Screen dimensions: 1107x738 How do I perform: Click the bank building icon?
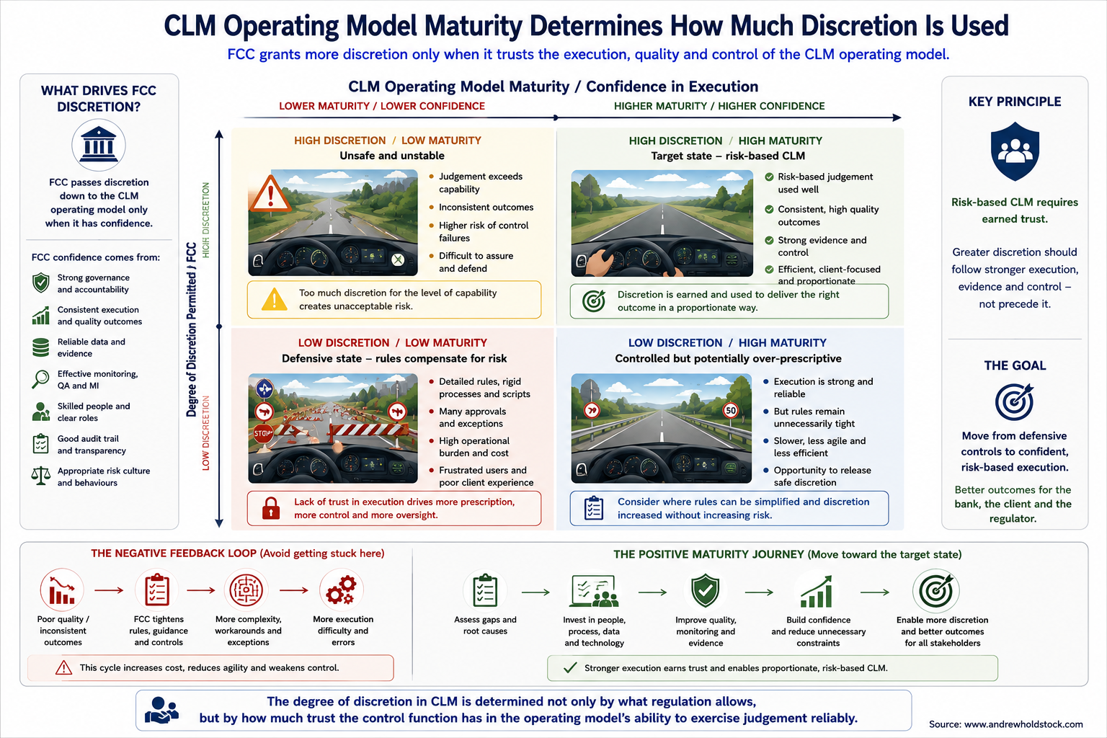coord(98,146)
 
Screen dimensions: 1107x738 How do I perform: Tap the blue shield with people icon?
coord(1015,151)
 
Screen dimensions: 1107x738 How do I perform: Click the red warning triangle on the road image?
coord(270,193)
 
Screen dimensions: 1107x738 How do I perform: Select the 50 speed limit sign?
coord(730,410)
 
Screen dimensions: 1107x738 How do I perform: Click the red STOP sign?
coord(263,434)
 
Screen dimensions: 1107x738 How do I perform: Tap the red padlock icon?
coord(271,508)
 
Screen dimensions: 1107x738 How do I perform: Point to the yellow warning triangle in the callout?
coord(275,300)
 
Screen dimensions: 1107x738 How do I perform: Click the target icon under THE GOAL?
coord(1014,401)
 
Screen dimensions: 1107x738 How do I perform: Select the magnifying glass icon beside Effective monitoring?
coord(40,379)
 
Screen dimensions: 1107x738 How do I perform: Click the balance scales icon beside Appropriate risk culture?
coord(40,476)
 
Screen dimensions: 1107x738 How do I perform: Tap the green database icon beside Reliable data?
coord(40,347)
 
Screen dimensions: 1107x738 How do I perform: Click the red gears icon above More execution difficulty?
coord(342,590)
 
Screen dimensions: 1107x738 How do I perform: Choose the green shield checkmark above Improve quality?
coord(706,590)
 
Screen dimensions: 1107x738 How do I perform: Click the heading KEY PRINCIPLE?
coord(1015,102)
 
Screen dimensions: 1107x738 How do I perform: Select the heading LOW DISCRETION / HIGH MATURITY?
coord(727,342)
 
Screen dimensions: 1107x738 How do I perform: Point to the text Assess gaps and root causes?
coord(485,626)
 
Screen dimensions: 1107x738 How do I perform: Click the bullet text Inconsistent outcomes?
coord(486,207)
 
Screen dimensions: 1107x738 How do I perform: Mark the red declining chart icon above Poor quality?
coord(62,590)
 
